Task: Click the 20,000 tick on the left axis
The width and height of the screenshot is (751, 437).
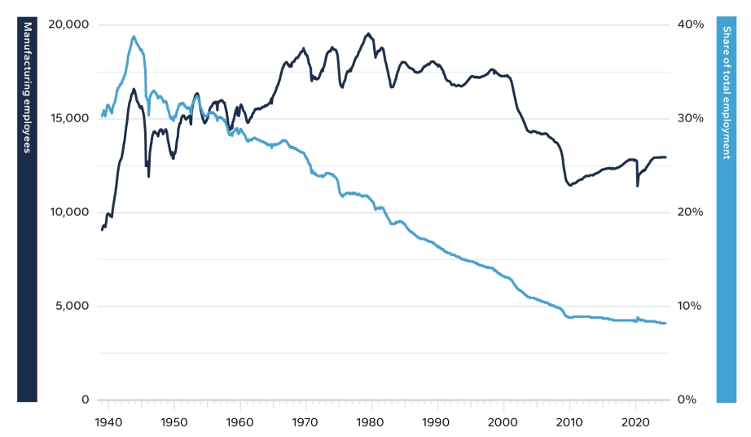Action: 68,24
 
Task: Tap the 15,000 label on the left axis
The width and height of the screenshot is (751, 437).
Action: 68,118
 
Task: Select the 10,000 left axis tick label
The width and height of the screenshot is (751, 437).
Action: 68,212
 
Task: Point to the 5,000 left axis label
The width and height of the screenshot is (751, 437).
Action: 72,307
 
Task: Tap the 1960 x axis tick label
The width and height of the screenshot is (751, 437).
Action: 239,422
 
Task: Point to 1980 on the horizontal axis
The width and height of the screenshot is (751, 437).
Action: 371,422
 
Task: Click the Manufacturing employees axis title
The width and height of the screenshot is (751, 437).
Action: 27,88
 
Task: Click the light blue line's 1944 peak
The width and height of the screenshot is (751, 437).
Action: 134,36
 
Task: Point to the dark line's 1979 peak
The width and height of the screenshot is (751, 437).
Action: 368,33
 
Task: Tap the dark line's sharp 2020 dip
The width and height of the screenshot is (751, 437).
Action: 637,186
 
